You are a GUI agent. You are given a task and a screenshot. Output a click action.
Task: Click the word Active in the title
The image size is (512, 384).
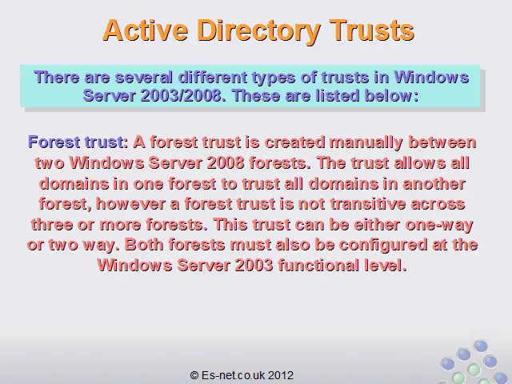click(x=146, y=30)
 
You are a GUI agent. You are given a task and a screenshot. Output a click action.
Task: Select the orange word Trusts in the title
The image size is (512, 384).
click(x=371, y=30)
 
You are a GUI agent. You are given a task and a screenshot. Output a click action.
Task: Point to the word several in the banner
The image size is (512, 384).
click(x=144, y=78)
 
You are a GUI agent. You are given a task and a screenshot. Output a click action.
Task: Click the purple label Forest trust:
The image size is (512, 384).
click(x=78, y=142)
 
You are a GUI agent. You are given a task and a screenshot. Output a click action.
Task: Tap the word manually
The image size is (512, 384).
click(x=366, y=142)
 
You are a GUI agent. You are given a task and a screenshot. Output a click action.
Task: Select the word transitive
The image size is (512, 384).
click(x=368, y=204)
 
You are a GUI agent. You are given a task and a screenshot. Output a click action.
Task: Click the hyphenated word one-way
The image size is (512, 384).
click(x=439, y=225)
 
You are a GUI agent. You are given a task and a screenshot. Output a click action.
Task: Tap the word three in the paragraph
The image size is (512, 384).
click(x=52, y=224)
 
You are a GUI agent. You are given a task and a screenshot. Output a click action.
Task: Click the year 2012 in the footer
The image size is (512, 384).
click(x=281, y=375)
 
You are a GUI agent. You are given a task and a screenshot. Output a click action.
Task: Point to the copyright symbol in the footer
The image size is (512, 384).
click(x=194, y=375)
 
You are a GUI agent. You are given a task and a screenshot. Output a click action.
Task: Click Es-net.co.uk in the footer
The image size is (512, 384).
click(x=233, y=375)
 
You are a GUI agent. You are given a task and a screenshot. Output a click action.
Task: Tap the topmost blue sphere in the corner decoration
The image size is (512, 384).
click(x=480, y=346)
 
